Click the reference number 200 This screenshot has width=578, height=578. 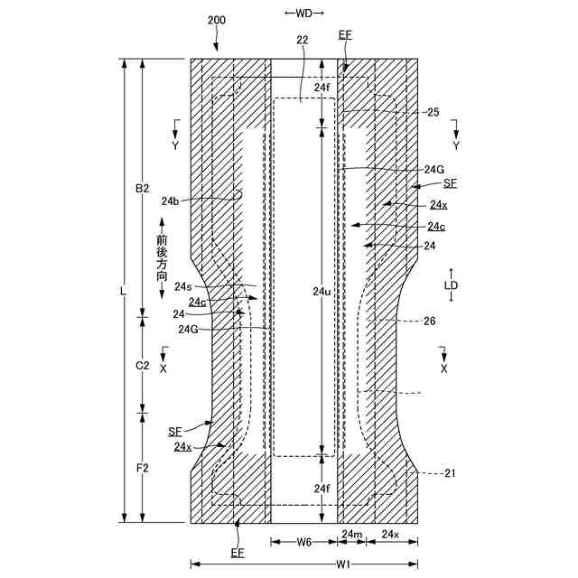(x=218, y=20)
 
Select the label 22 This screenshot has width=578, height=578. (x=302, y=40)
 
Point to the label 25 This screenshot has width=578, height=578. (x=433, y=112)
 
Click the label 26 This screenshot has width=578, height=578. (x=429, y=321)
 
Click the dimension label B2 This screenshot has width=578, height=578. (x=142, y=189)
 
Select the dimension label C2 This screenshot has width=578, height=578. (x=142, y=366)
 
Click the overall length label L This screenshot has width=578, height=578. (x=122, y=291)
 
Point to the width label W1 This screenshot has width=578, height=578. (x=343, y=564)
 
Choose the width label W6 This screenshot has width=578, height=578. (x=303, y=544)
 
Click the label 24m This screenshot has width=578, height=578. (x=351, y=536)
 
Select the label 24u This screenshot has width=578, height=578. (x=322, y=291)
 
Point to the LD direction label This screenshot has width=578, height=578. (x=452, y=285)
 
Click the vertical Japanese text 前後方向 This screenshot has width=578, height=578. (x=162, y=260)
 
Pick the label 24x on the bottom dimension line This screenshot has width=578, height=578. (x=390, y=536)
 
